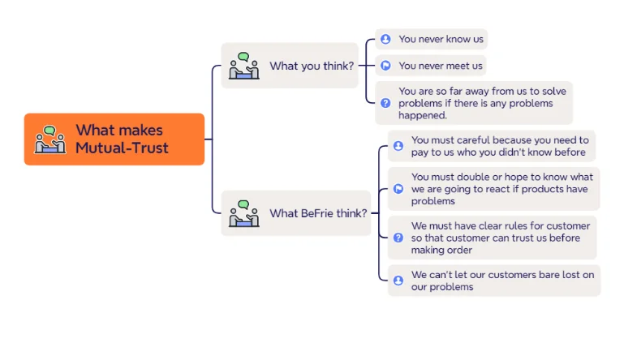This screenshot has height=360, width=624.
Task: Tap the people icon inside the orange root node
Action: (x=50, y=139)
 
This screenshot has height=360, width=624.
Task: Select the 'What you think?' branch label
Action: (x=312, y=66)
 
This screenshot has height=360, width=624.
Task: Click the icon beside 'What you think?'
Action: (x=243, y=66)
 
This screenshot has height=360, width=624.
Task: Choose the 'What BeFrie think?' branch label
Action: (x=318, y=213)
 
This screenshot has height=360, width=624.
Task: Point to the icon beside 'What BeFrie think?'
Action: (x=243, y=213)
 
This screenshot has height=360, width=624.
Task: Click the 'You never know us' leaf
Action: (x=440, y=39)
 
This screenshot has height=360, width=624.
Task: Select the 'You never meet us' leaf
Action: (x=441, y=66)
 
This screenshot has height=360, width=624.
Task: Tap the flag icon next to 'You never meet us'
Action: (x=385, y=66)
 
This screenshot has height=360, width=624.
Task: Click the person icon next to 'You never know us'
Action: (x=385, y=39)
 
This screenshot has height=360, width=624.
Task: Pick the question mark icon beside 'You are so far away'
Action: (x=385, y=103)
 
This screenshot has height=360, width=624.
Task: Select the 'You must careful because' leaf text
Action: (x=499, y=146)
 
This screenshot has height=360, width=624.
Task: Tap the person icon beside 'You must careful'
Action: (x=398, y=146)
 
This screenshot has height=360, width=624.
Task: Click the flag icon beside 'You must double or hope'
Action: (x=398, y=189)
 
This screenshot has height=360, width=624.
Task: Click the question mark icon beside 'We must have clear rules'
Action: (x=398, y=238)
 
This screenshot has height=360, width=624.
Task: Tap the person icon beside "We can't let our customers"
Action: (x=398, y=281)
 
